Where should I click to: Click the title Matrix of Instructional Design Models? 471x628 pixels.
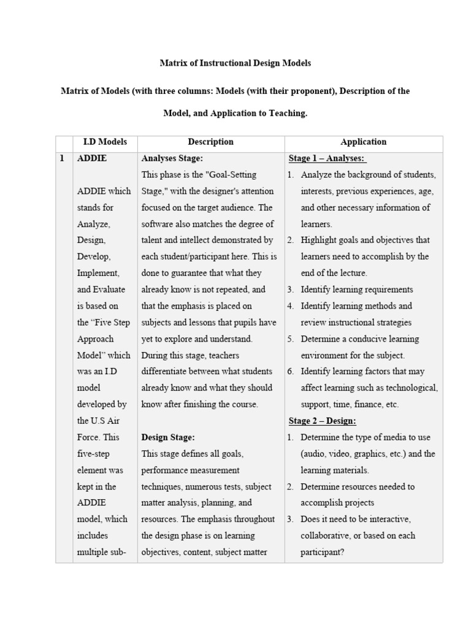click(235, 63)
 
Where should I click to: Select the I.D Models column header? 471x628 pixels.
click(105, 142)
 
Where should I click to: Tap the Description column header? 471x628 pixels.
click(210, 142)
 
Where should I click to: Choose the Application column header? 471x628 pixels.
click(363, 142)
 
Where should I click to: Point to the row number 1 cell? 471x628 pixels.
click(62, 158)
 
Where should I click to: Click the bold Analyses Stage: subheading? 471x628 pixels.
click(172, 158)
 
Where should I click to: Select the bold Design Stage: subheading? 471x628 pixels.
click(168, 437)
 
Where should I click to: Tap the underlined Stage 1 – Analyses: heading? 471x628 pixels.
click(327, 158)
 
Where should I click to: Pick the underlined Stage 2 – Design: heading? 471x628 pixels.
click(322, 421)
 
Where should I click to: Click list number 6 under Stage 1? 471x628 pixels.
click(290, 371)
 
